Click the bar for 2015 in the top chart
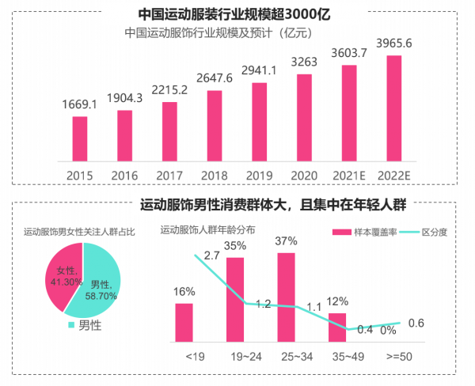[x=79, y=139]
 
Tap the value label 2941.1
[x=259, y=70]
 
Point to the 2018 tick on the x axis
[x=214, y=175]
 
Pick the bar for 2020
[x=304, y=118]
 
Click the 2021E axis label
[x=348, y=175]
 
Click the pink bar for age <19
[x=184, y=322]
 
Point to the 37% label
[x=286, y=240]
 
